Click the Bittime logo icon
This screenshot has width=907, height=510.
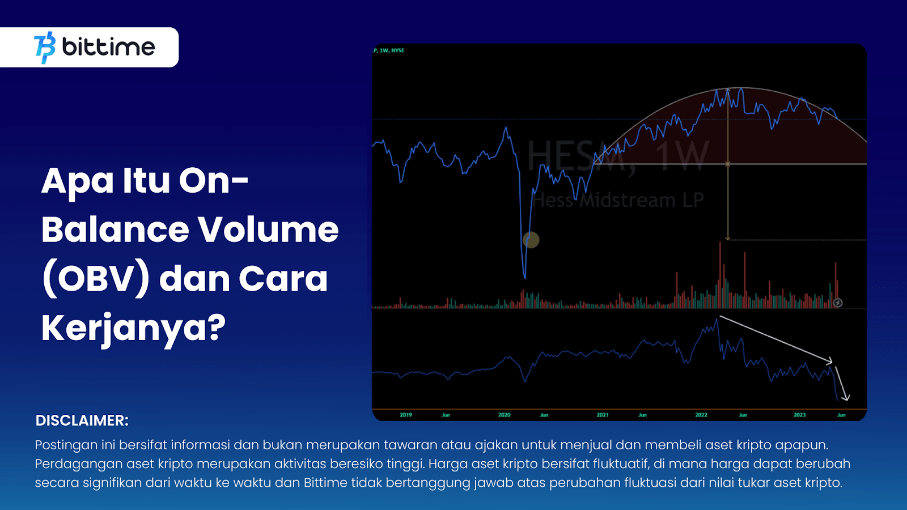point(45,48)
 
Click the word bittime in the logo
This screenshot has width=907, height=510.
point(108,47)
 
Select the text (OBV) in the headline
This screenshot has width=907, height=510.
point(96,279)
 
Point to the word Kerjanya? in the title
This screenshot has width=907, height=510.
point(133,328)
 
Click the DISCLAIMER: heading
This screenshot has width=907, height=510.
point(82,420)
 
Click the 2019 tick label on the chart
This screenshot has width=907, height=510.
point(406,415)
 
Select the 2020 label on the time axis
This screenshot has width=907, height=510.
point(504,415)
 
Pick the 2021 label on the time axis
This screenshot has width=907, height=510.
point(603,415)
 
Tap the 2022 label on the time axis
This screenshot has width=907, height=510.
point(701,415)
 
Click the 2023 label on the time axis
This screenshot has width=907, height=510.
point(799,415)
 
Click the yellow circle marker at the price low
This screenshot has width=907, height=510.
point(531,240)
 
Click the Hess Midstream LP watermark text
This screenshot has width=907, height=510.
point(618,200)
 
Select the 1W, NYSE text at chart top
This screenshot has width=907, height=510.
point(392,50)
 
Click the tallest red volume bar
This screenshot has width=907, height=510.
point(720,272)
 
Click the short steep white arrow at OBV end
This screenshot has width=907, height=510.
point(842,384)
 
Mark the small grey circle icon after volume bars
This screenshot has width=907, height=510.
point(838,303)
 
